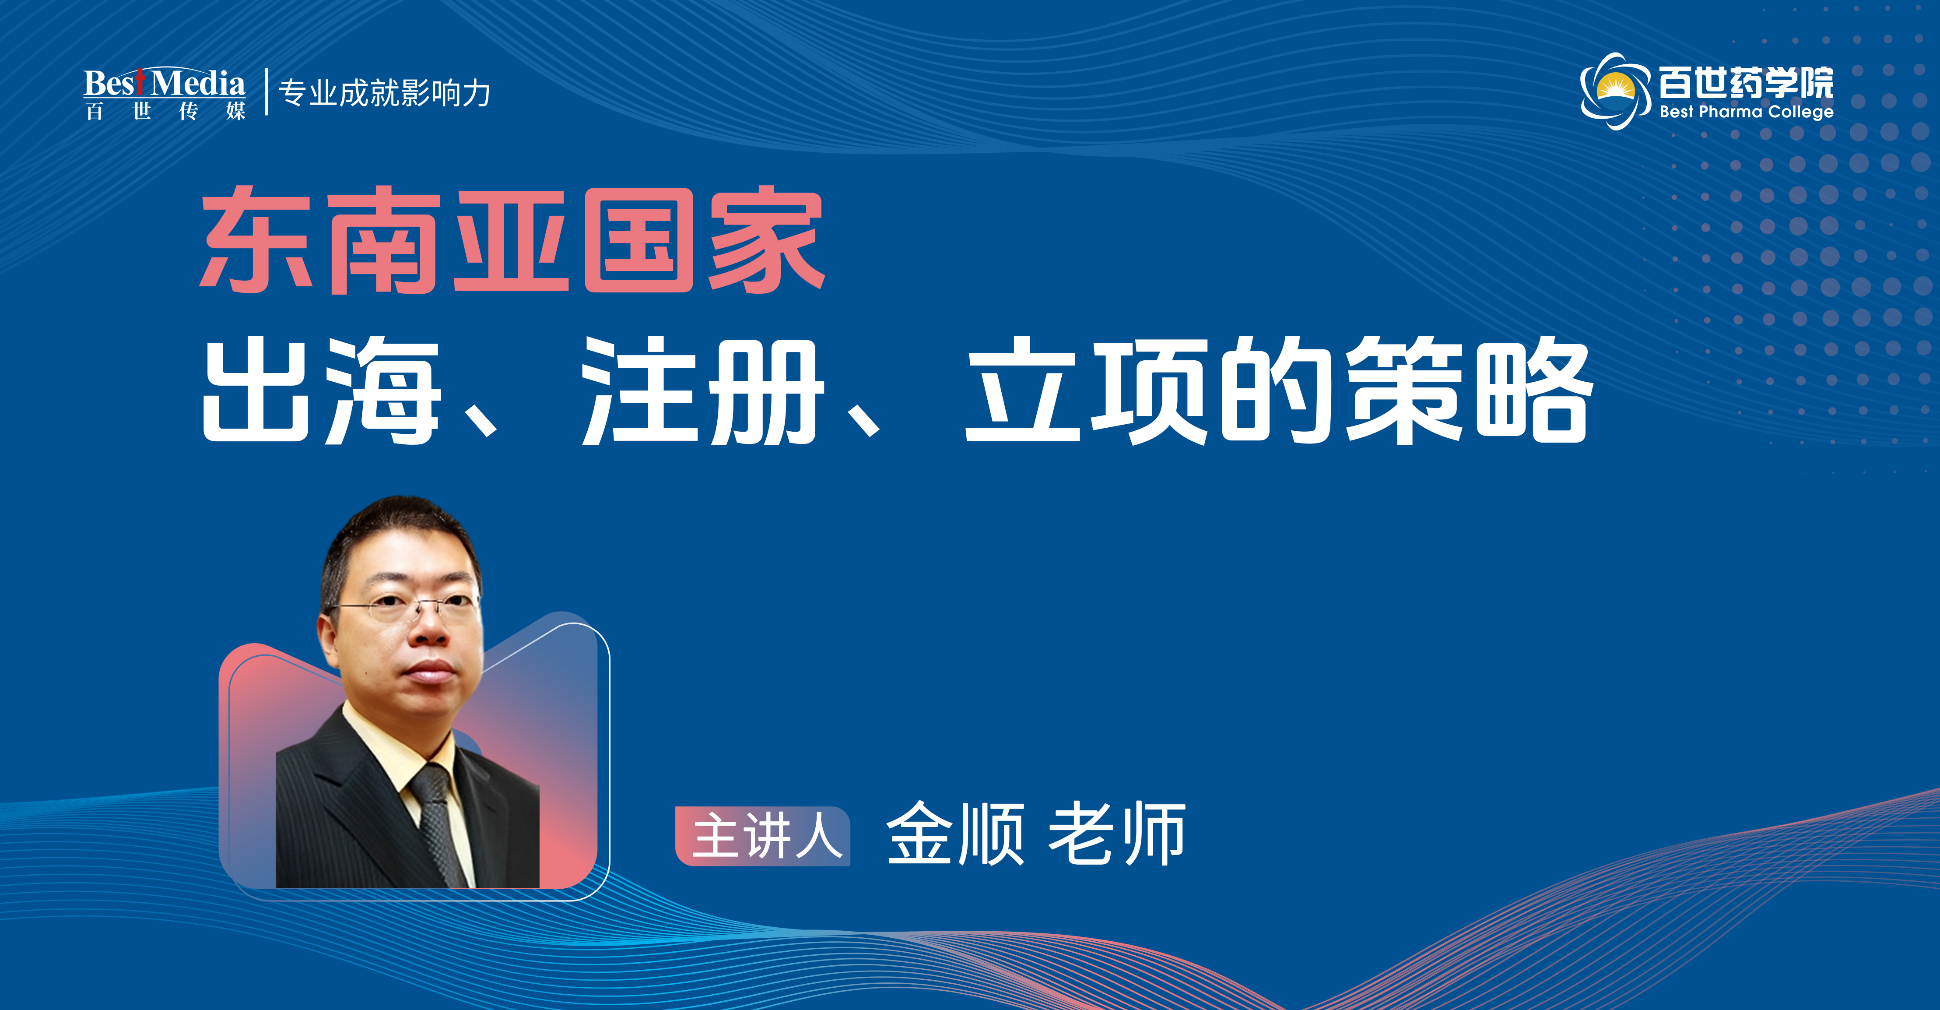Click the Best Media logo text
[x=164, y=83]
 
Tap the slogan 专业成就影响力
[x=385, y=93]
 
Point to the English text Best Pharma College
[x=1746, y=112]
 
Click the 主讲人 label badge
[x=763, y=836]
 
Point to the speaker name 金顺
[x=955, y=834]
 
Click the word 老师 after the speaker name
[x=1116, y=834]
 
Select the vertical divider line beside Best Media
[x=267, y=92]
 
